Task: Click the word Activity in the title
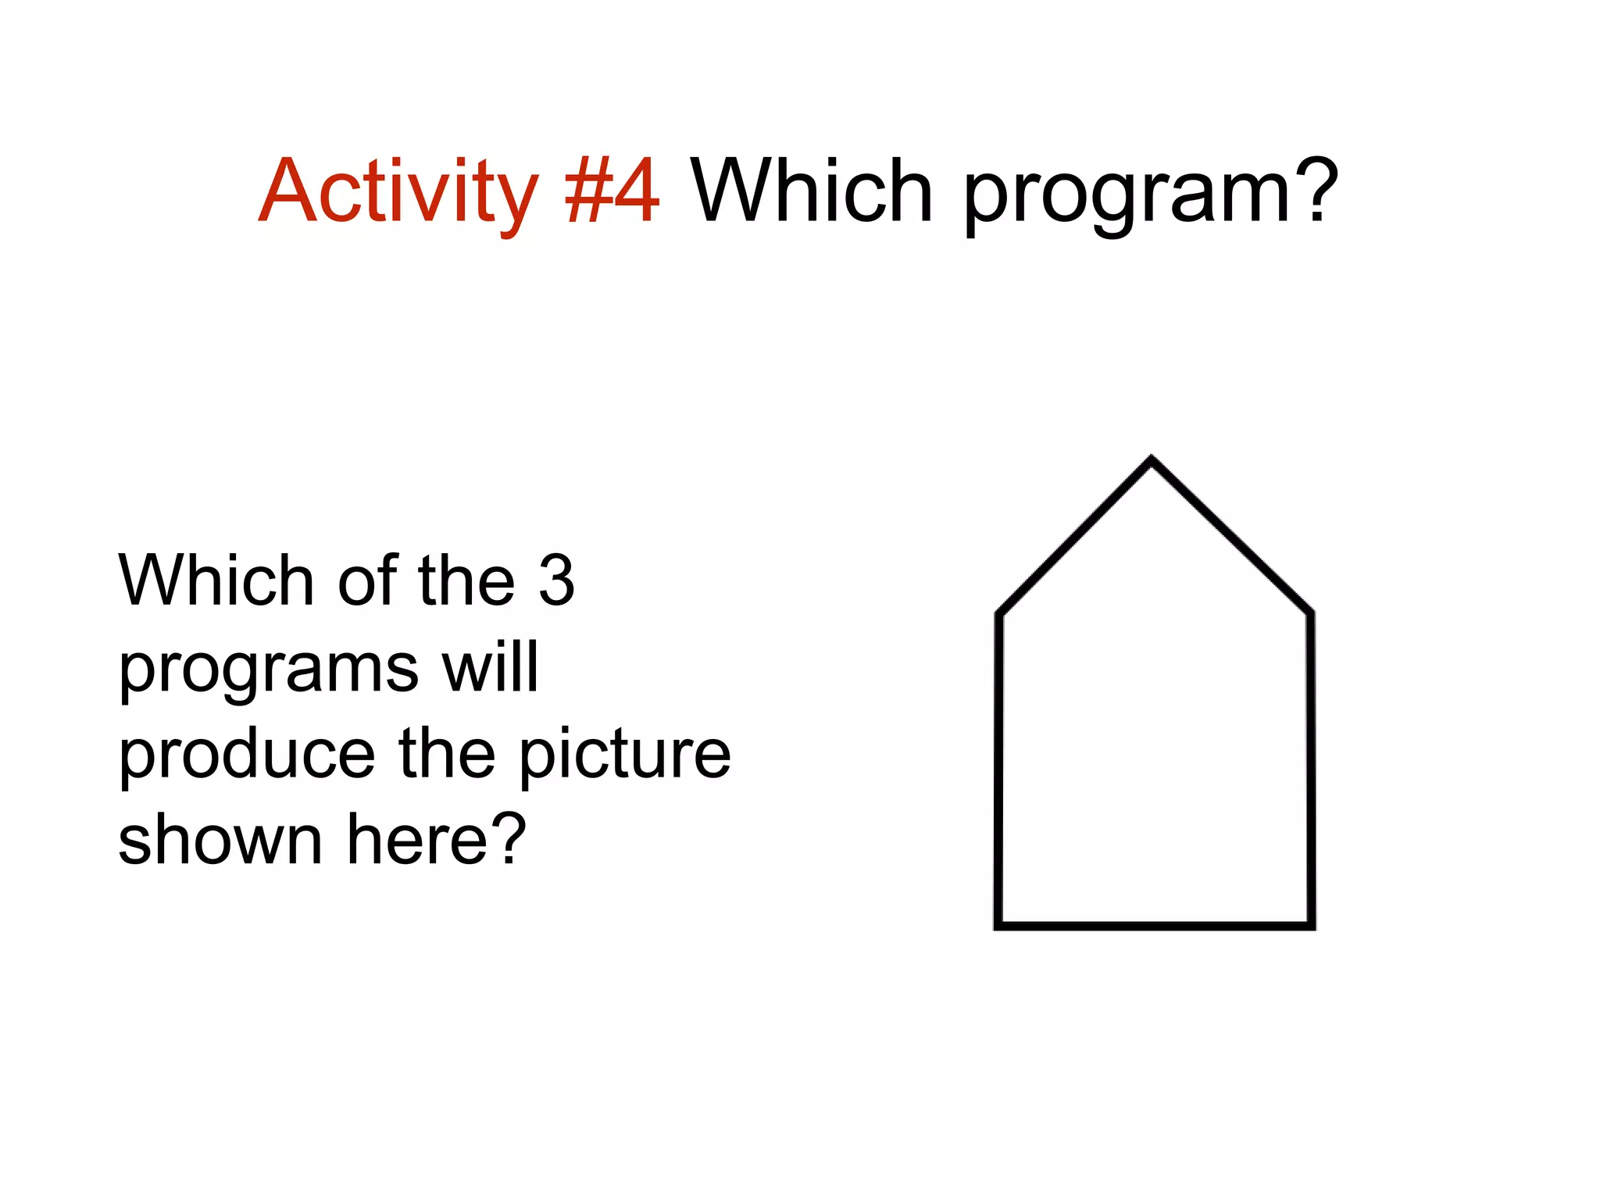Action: coord(397,191)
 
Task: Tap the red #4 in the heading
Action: coord(612,191)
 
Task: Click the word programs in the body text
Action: coord(268,670)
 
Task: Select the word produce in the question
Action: coord(247,755)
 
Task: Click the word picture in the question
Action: coord(624,755)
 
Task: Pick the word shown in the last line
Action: coord(220,840)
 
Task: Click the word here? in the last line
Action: coord(437,840)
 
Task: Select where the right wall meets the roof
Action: coord(1310,613)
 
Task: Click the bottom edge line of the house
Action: coord(1155,926)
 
